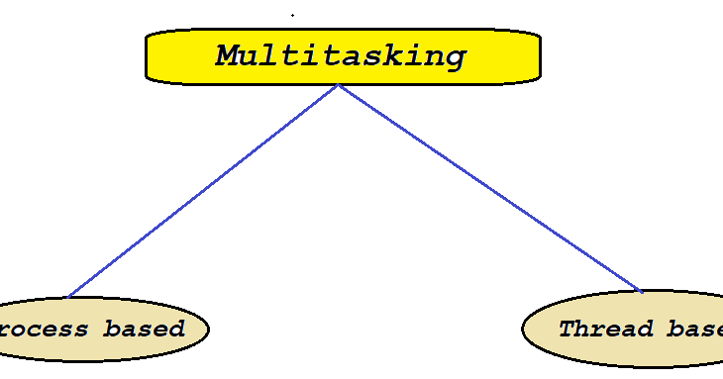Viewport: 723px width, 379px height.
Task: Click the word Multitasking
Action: (341, 55)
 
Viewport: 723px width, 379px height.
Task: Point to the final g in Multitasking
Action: (455, 58)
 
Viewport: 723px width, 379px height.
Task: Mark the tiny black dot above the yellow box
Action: (292, 15)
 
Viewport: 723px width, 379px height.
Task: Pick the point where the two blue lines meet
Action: (338, 85)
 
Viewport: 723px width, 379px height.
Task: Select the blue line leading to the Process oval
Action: (203, 191)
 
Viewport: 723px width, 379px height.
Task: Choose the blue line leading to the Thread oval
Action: (490, 188)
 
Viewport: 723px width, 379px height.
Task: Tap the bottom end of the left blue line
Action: (69, 296)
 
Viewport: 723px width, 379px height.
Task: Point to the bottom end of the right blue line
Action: (642, 291)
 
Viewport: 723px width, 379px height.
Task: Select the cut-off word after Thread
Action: (694, 329)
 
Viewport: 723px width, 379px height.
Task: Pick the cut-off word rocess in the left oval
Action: (46, 329)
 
